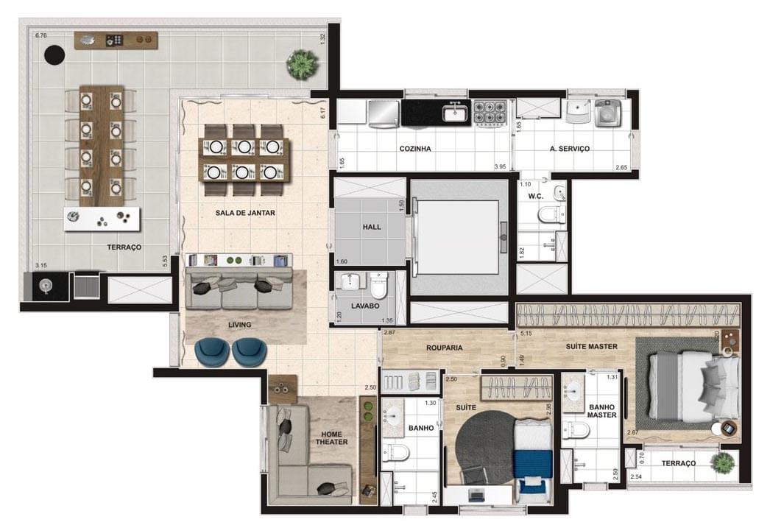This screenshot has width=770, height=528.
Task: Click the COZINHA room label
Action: click(x=414, y=149)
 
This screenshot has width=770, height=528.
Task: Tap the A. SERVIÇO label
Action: click(x=570, y=149)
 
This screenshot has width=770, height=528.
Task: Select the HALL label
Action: click(x=372, y=227)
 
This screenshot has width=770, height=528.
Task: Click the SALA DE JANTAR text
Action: click(x=245, y=213)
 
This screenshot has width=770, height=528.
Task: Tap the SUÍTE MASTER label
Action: click(x=591, y=345)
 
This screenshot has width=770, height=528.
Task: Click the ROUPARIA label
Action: click(x=444, y=348)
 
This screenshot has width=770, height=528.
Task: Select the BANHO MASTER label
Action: click(x=601, y=409)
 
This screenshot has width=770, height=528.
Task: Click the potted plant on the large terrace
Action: click(x=301, y=64)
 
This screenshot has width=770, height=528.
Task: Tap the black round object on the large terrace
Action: click(x=54, y=54)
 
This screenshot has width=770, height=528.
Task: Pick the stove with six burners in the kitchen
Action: click(x=488, y=113)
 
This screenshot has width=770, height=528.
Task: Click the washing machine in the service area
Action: click(x=607, y=112)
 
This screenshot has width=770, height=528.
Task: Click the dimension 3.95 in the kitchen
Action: click(x=501, y=167)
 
